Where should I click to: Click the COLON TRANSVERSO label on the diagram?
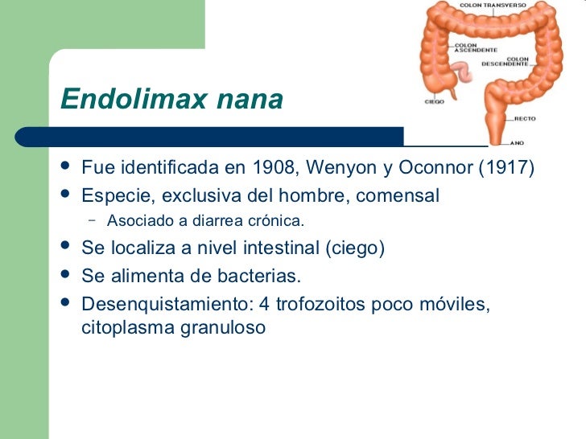coord(493,5)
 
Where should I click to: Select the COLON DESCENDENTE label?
coord(506,61)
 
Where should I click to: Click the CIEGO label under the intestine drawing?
coord(434,102)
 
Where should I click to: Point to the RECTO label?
coord(525,118)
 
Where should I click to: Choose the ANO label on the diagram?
coord(519,144)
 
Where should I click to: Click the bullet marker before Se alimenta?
coord(65,276)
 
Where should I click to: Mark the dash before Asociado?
coord(93,220)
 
